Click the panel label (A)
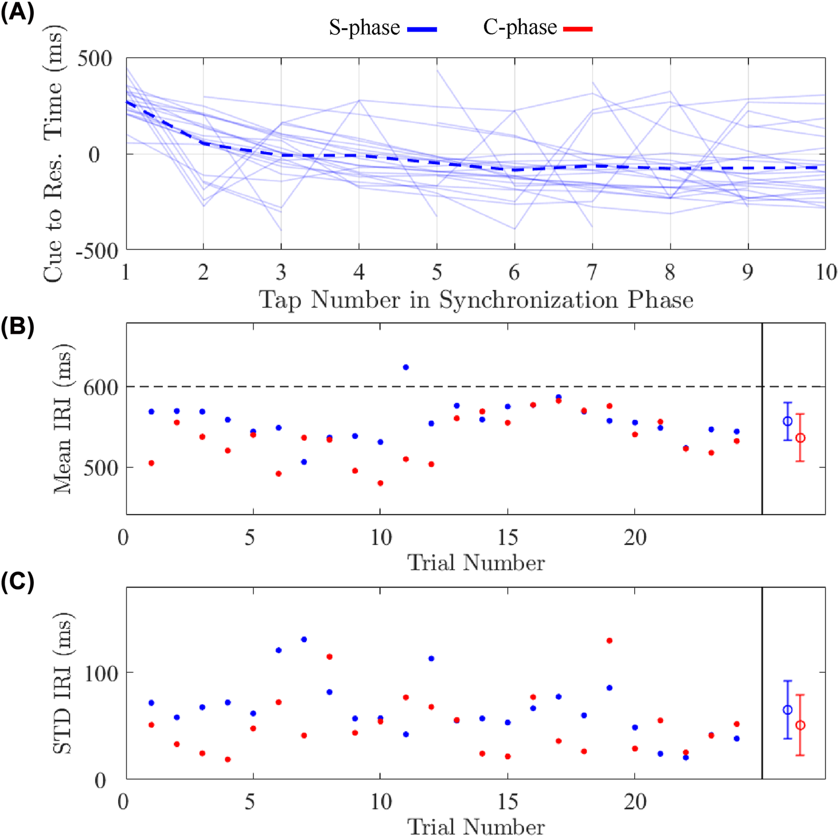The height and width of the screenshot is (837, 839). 17,11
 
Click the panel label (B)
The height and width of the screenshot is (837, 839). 17,326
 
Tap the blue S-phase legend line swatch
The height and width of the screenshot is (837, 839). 422,29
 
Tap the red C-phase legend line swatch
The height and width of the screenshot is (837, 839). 577,29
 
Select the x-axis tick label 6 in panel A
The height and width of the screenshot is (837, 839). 514,272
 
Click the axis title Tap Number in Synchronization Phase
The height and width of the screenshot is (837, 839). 476,300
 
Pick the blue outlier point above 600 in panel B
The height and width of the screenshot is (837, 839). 406,367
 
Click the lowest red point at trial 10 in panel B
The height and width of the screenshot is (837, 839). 380,483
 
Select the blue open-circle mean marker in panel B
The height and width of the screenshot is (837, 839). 788,422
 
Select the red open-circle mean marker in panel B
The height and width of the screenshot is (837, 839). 801,438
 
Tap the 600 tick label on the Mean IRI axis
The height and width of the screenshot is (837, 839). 101,387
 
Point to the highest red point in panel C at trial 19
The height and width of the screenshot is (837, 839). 610,641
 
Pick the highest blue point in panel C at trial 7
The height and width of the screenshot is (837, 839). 304,640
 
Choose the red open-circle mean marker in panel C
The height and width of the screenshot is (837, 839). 801,726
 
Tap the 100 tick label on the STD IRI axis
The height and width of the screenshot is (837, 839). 101,672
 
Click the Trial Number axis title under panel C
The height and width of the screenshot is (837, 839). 476,827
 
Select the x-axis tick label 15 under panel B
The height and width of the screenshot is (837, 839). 508,538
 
